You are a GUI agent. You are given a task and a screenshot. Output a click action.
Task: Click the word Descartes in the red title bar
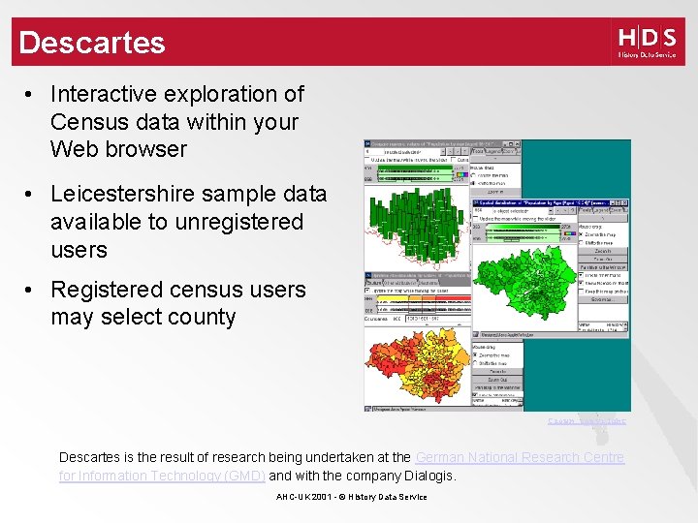(92, 43)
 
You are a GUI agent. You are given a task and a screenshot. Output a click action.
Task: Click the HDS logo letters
(647, 38)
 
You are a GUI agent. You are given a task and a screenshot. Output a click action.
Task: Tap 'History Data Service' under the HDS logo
(647, 55)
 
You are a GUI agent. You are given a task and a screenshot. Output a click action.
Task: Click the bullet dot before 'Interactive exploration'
(32, 95)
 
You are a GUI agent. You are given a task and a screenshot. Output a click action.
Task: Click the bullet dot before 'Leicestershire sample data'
(32, 194)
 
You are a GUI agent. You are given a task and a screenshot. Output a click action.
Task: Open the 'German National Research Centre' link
(520, 457)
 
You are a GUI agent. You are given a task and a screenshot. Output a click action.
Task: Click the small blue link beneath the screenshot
(587, 421)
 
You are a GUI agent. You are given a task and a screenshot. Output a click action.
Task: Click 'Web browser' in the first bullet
(118, 149)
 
